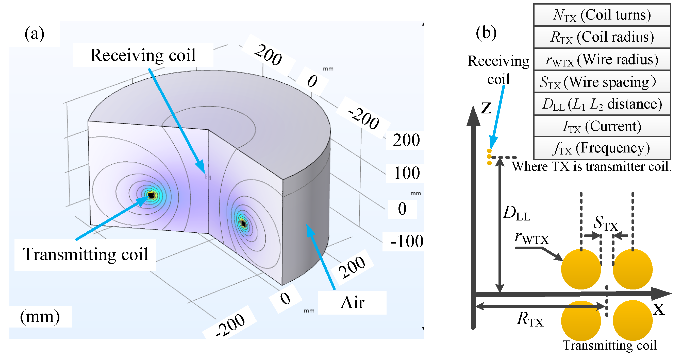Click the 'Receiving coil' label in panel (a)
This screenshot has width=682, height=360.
143,55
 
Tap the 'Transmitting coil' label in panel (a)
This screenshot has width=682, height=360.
85,254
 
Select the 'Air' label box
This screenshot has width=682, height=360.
352,303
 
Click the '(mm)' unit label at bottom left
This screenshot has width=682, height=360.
40,316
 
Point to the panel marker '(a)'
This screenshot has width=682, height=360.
35,34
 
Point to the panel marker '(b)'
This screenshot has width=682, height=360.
486,33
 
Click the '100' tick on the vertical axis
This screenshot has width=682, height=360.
407,173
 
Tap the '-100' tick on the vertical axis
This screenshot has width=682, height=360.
407,241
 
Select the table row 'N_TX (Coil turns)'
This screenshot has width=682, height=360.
602,15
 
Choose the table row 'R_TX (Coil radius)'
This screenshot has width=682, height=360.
602,37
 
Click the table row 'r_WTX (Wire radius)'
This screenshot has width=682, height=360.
602,59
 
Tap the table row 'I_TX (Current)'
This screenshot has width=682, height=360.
602,126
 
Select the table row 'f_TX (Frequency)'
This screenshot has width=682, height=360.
602,148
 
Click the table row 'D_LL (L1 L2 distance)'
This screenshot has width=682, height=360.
602,104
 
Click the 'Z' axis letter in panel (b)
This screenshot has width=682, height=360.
486,108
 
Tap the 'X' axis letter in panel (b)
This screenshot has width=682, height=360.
659,309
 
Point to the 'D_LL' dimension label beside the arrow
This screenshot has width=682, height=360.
517,213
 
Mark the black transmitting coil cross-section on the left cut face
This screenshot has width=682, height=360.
151,195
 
